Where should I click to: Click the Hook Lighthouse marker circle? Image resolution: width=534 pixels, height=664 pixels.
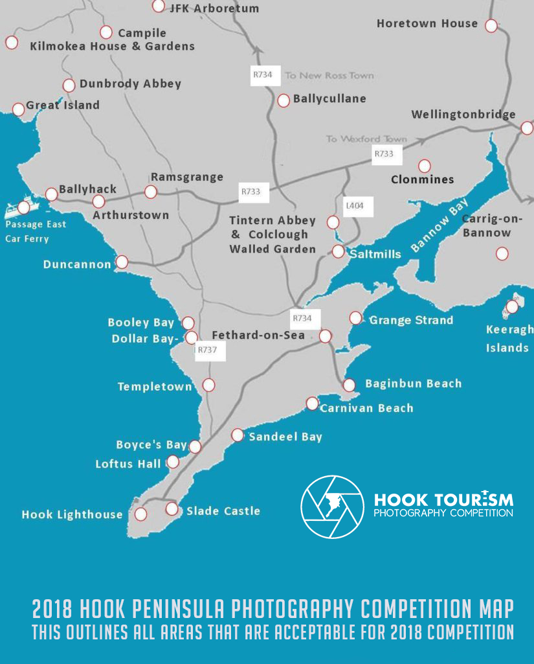click(140, 514)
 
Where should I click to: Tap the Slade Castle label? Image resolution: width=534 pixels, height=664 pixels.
click(223, 511)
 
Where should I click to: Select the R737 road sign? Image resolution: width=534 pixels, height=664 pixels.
click(207, 350)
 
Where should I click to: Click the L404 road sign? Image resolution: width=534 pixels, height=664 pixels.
click(355, 206)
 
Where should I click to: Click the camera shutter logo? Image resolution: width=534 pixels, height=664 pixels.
click(332, 507)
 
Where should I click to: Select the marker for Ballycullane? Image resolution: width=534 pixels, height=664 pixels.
click(284, 100)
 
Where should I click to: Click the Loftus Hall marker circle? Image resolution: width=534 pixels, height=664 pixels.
click(173, 462)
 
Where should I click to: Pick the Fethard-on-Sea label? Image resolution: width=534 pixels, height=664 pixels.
click(258, 336)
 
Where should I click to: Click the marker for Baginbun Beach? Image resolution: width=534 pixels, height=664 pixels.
click(350, 385)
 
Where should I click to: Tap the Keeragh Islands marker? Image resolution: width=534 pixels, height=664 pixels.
click(512, 306)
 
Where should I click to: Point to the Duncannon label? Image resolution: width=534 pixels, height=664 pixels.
click(77, 264)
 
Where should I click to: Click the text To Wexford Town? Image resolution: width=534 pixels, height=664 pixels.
click(366, 139)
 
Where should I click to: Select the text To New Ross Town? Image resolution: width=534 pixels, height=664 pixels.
click(329, 75)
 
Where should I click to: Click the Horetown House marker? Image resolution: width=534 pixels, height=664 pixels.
click(491, 26)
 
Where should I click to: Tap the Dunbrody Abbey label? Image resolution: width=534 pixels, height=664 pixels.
click(130, 84)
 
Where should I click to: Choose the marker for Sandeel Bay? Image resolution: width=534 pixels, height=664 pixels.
click(238, 435)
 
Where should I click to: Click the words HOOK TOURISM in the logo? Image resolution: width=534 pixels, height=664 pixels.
click(443, 499)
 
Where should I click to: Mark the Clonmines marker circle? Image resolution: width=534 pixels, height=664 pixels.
click(425, 166)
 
